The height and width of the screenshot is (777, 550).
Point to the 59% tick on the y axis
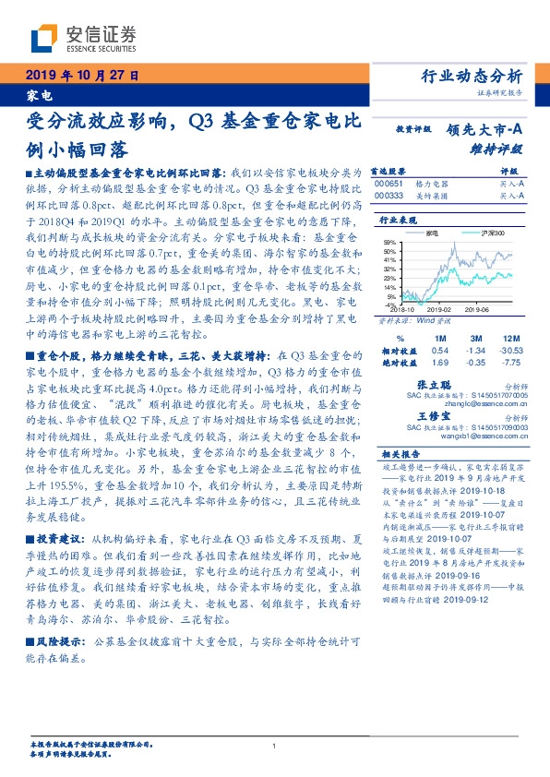[390, 241]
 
